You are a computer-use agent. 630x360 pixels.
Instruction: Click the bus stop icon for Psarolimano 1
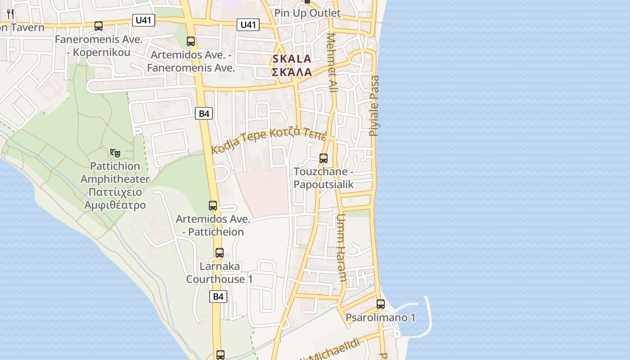pos(381,304)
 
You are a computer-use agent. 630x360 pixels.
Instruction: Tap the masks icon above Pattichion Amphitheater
pos(115,153)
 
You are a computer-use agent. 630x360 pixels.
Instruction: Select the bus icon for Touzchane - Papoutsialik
pos(324,158)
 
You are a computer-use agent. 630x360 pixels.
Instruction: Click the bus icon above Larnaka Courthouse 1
pos(220,253)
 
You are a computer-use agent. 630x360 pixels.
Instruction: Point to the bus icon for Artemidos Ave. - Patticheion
pos(213,206)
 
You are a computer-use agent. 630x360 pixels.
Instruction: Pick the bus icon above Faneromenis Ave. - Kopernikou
pos(99,26)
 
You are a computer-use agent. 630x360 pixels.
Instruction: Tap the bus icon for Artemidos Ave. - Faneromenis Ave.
pos(191,41)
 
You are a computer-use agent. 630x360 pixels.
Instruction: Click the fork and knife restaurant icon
pos(10,14)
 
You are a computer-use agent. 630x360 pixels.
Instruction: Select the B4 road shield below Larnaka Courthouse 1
pos(218,297)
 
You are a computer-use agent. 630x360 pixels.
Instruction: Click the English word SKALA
pos(292,59)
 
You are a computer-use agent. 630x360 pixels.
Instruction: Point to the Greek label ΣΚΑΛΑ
pos(292,72)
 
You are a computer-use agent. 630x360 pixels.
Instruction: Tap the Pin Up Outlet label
pos(307,13)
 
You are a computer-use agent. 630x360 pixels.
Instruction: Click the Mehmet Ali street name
pos(333,63)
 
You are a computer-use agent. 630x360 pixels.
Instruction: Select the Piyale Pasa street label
pos(374,106)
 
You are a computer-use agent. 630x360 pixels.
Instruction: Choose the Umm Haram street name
pos(341,247)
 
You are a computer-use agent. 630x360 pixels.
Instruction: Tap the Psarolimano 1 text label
pos(380,318)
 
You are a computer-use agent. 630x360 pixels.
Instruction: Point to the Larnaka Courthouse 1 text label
pos(220,273)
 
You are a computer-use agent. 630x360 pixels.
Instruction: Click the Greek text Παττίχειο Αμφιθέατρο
pos(115,198)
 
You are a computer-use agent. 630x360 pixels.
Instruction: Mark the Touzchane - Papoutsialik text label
pos(324,178)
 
